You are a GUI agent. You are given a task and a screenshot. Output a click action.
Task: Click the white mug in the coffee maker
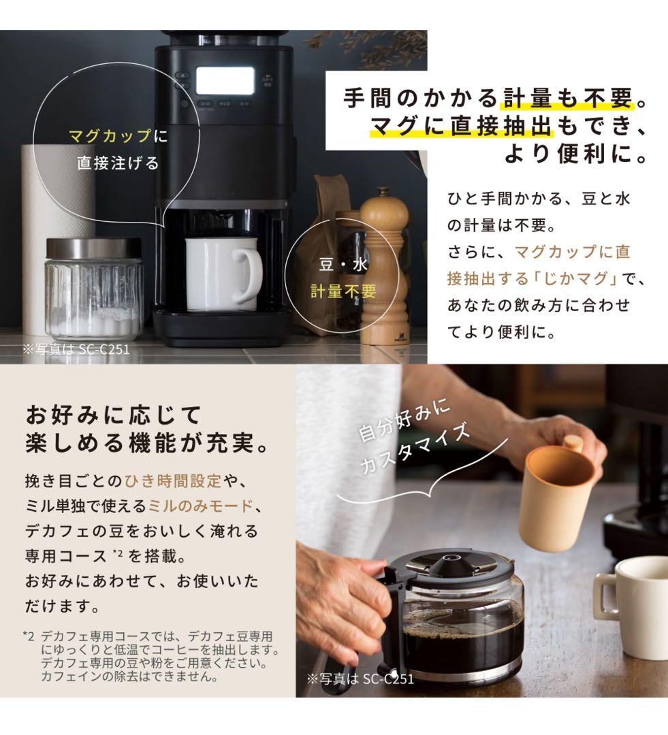[x=214, y=272]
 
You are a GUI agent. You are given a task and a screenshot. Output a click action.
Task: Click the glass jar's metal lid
[x=93, y=248]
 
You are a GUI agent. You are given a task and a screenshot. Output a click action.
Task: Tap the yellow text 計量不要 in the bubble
[x=343, y=291]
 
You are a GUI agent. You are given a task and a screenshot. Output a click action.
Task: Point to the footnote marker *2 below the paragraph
[x=29, y=636]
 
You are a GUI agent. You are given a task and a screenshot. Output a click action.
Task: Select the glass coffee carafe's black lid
[x=451, y=567]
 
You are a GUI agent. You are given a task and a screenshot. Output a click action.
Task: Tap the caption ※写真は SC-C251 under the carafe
[x=360, y=678]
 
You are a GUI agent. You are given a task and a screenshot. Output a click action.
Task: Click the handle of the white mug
[x=249, y=274]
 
